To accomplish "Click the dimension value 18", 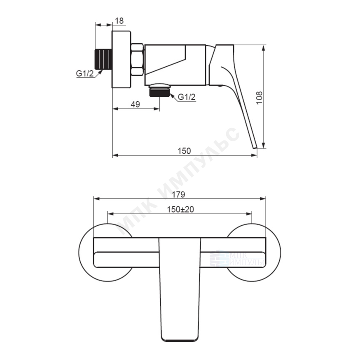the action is (119, 21).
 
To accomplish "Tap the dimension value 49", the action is (135, 104).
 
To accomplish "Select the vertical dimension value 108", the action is (259, 98).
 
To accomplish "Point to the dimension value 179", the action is (178, 194).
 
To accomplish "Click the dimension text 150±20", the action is (180, 209).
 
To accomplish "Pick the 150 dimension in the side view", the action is (184, 151).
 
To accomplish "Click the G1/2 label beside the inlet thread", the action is (85, 73).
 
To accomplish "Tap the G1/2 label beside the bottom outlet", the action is (187, 97).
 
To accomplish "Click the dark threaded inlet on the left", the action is (103, 59).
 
